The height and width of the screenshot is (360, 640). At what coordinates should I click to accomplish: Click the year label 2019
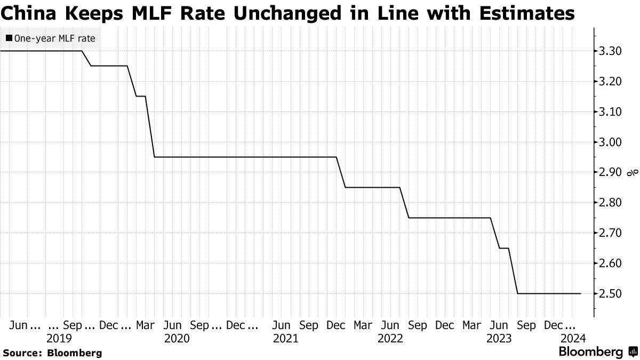click(x=60, y=338)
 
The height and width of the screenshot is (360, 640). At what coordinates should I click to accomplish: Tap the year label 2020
click(x=177, y=338)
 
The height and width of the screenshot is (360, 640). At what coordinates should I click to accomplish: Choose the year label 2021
click(x=285, y=338)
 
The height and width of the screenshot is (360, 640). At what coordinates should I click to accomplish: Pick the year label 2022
click(x=390, y=338)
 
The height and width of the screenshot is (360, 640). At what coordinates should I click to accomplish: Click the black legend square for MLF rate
click(x=9, y=38)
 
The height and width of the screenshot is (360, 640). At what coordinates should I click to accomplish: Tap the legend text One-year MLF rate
click(x=55, y=38)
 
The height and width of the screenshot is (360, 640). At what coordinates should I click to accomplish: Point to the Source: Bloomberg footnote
click(x=52, y=353)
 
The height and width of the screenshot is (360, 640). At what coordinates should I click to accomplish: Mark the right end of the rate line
click(x=581, y=294)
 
